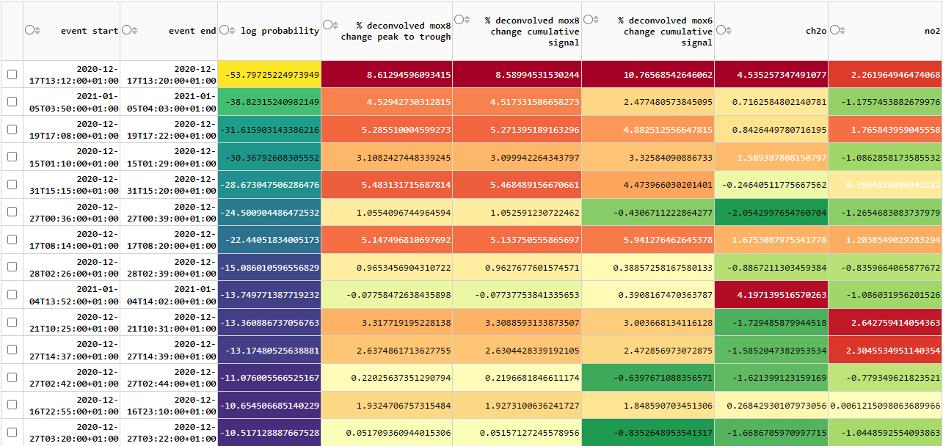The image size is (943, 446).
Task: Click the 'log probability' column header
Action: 280,31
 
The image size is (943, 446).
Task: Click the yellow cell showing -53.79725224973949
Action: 269,75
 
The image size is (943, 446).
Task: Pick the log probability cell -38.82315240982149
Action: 269,102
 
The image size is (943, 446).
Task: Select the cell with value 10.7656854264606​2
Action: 647,75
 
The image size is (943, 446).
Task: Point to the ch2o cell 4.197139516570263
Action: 771,295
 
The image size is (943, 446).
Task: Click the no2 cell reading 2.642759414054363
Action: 885,323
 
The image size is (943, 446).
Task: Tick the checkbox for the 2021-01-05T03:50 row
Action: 12,102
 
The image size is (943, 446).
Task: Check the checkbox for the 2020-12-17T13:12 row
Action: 12,75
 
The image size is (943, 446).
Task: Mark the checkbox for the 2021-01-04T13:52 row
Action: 12,295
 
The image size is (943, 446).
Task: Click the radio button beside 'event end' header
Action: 126,30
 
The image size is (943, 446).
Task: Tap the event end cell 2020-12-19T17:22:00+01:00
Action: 169,130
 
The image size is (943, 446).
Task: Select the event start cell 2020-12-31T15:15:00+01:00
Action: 72,185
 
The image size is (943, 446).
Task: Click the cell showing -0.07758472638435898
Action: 387,295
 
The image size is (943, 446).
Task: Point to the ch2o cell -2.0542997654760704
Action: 771,213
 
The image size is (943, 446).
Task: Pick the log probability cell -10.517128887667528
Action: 269,433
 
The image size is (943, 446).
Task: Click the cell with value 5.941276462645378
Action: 647,240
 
